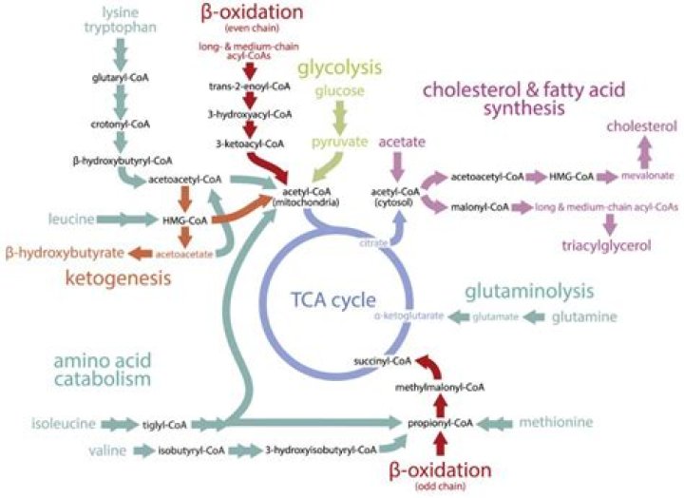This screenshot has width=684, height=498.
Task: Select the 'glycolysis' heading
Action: tap(339, 68)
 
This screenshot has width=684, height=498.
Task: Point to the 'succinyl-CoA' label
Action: tap(382, 361)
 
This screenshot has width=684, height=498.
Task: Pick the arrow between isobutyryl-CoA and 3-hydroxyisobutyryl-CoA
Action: tap(246, 448)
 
